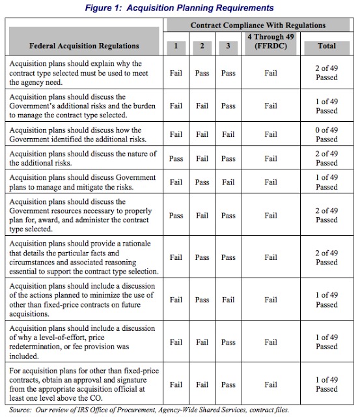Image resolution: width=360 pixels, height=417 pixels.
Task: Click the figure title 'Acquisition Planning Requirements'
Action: pos(180,7)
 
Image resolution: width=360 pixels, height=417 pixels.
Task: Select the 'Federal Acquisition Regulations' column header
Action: pos(84,46)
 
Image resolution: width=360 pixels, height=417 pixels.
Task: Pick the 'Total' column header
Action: pos(326,46)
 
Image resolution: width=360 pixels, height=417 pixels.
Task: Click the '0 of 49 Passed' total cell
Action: pos(326,135)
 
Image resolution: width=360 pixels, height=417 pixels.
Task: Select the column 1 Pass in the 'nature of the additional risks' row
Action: pos(175,158)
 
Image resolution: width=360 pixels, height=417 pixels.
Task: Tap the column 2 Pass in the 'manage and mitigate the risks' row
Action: pos(202,182)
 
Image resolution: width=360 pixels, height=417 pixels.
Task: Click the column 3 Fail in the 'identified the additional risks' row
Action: pos(228,135)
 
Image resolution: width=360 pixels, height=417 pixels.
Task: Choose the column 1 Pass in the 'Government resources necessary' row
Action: pos(175,216)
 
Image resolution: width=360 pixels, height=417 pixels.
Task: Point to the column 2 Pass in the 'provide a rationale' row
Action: pos(202,257)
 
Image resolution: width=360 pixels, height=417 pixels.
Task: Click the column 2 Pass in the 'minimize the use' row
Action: pos(202,300)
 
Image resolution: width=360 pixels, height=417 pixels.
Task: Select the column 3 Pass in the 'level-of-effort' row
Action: pos(228,342)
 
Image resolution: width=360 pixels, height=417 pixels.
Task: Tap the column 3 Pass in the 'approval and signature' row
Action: pos(228,384)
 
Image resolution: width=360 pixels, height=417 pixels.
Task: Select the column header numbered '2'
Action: pos(202,46)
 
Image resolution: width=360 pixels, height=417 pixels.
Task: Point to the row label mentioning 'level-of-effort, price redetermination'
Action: pos(84,342)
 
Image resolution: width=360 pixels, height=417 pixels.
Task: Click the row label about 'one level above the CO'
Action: pos(84,384)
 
